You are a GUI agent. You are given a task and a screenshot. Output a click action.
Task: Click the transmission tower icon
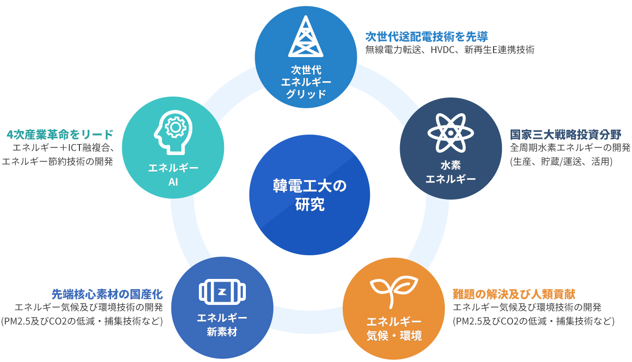(x=306, y=36)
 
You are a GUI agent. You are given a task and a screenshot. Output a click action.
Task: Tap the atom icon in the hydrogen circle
(x=451, y=133)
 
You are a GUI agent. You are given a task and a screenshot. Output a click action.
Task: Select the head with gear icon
(x=173, y=132)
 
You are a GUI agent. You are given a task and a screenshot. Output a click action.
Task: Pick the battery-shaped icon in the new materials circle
(x=222, y=292)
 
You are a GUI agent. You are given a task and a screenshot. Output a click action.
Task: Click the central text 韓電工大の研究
(x=309, y=195)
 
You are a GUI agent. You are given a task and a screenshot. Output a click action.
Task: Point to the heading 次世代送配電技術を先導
(x=427, y=36)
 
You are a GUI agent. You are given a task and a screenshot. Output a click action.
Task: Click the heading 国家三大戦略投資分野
(x=566, y=135)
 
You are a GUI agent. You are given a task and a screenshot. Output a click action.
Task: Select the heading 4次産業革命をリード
(x=60, y=135)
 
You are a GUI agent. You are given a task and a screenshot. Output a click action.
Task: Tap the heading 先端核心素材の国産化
(x=107, y=294)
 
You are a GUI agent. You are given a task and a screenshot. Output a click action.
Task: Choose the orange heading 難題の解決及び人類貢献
(x=514, y=294)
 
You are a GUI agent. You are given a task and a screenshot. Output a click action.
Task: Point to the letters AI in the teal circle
(x=173, y=182)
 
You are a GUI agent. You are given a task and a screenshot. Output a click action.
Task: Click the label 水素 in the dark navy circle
(x=451, y=165)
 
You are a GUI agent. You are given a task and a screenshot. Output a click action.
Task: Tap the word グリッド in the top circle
(x=306, y=94)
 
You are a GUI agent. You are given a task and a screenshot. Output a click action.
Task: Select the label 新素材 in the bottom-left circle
(x=222, y=332)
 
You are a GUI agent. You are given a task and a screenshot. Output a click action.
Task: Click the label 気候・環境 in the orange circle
(x=394, y=336)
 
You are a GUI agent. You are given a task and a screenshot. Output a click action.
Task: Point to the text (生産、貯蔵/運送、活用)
(x=561, y=162)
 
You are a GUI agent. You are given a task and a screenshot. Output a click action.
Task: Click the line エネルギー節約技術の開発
(x=57, y=162)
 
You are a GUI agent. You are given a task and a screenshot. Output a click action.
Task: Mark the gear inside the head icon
(x=176, y=127)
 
